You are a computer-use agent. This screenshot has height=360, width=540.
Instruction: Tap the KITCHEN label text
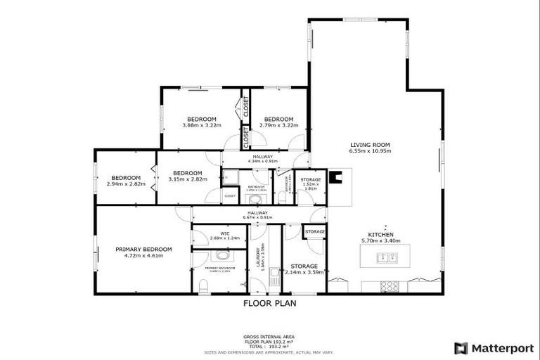[380, 234]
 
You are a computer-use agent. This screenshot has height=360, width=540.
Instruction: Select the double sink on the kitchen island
[386, 258]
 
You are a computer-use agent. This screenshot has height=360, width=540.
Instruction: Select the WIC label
[225, 233]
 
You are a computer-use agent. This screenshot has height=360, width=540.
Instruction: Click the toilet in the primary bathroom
[202, 285]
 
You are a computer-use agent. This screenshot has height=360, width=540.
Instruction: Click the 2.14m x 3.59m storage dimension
[304, 272]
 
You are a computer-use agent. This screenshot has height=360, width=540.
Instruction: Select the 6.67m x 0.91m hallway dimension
[257, 217]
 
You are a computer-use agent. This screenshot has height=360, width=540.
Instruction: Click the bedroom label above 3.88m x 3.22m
[201, 119]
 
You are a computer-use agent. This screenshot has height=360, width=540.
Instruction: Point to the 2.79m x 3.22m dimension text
[279, 125]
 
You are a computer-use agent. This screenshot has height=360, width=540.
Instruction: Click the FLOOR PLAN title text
[269, 304]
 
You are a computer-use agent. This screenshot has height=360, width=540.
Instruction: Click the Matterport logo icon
[461, 347]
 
